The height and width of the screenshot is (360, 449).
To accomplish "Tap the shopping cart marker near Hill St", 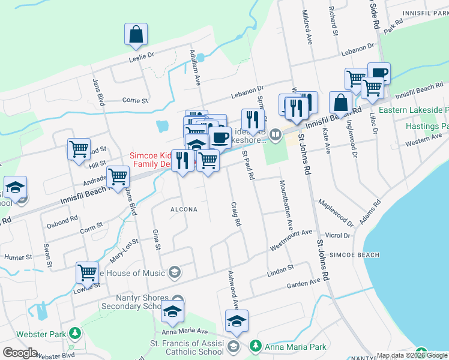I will [79, 150].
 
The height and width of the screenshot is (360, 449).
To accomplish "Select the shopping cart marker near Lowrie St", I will [88, 274].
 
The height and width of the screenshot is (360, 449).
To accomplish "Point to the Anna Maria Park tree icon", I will [256, 346].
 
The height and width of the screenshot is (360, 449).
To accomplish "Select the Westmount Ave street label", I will [291, 239].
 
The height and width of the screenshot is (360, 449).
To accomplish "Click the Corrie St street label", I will [135, 100].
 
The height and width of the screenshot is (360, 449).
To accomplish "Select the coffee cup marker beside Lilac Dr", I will [379, 74].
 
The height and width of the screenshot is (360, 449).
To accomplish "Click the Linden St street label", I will [280, 268].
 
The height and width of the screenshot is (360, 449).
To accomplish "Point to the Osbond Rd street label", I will [62, 221].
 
